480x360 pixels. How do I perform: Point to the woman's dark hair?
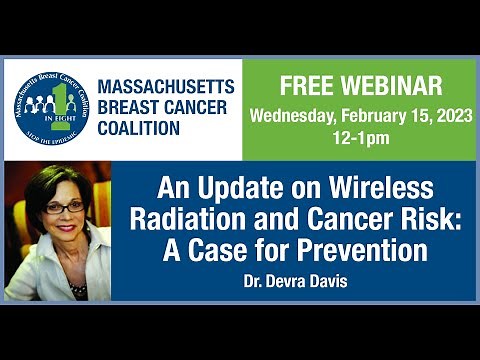(x=45, y=190)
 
